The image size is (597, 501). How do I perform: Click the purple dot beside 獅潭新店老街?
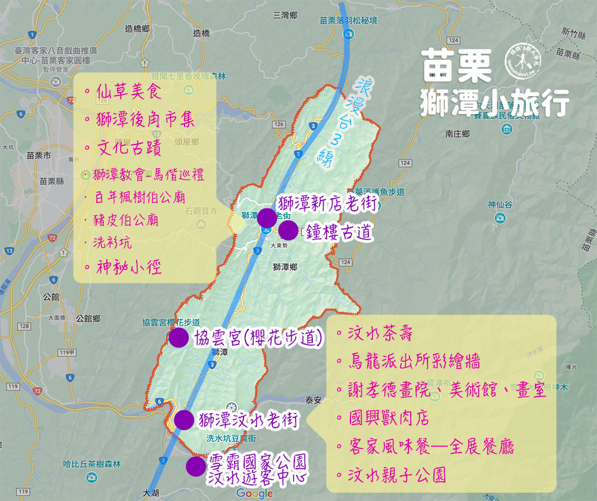click(266, 218)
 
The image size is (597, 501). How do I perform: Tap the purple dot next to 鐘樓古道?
click(288, 231)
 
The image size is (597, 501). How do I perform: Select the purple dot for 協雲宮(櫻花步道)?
click(179, 338)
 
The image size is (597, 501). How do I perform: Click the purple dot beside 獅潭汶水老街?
click(184, 419)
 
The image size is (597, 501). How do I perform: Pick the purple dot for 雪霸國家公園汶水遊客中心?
click(195, 466)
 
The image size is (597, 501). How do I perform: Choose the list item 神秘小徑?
click(129, 267)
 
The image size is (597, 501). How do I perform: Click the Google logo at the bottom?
click(254, 493)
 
